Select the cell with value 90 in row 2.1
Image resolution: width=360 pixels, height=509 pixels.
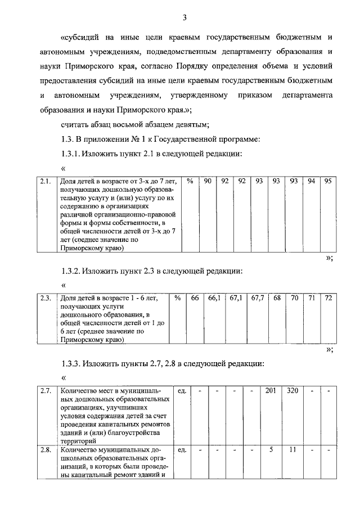tap(208, 182)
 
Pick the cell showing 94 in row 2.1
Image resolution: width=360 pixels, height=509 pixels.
tap(311, 182)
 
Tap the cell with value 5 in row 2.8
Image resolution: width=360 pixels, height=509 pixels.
tap(271, 451)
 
